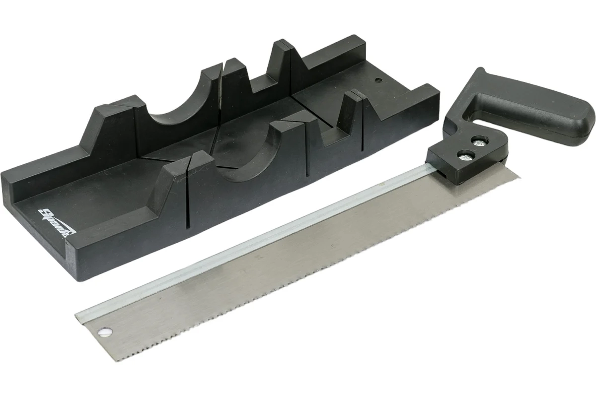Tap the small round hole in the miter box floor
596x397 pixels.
coord(377,79)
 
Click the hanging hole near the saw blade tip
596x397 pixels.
coord(106,332)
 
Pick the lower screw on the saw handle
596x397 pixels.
coord(464,155)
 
